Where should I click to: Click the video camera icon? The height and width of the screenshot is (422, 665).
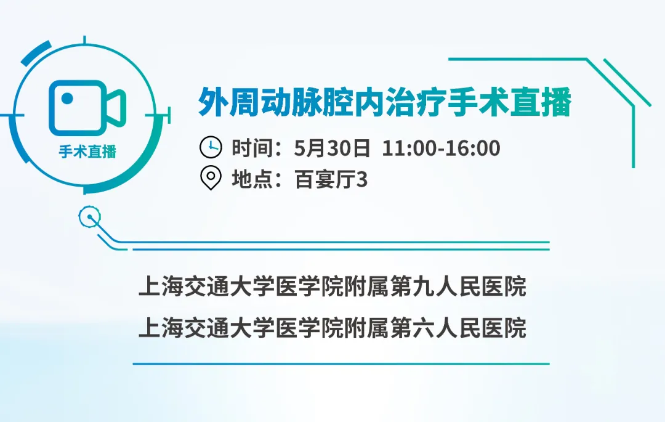click(87, 108)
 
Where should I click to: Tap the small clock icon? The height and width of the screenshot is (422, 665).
click(211, 147)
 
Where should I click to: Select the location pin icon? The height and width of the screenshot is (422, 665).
click(211, 178)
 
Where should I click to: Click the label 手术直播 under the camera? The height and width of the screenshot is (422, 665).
click(87, 152)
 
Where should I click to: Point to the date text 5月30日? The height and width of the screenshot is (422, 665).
click(332, 148)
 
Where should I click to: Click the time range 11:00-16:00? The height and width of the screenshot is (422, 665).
click(441, 148)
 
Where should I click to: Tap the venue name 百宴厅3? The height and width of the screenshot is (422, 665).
click(331, 179)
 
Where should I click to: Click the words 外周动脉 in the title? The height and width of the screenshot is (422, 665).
click(260, 102)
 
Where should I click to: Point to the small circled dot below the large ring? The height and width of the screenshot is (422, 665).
click(90, 217)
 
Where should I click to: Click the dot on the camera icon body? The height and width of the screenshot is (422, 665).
click(67, 99)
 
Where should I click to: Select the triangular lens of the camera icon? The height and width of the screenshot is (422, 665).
click(115, 108)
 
